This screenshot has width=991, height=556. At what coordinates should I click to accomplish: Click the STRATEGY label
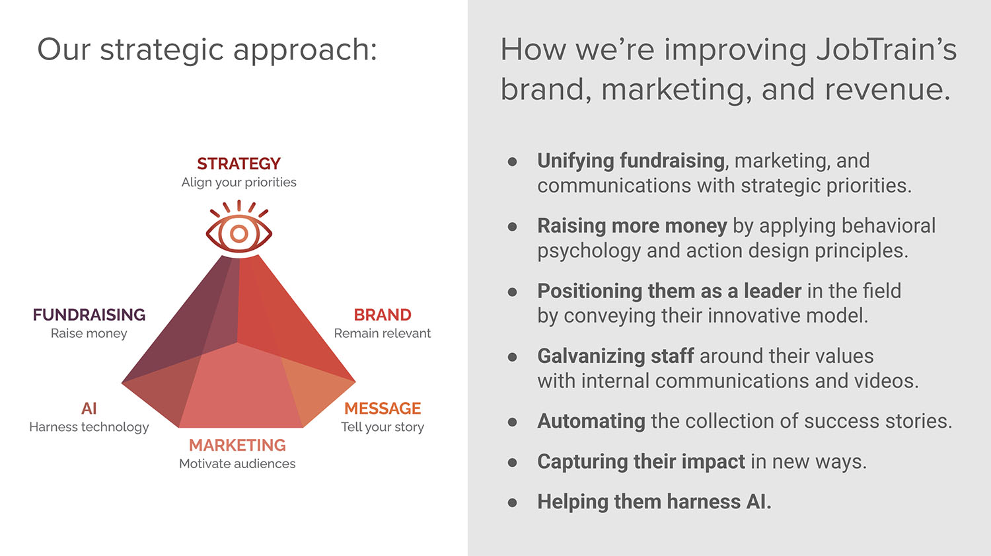239,164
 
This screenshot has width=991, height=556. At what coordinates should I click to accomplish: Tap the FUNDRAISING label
89,315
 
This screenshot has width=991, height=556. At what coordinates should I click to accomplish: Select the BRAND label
383,315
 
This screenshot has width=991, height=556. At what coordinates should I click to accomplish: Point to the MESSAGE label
383,408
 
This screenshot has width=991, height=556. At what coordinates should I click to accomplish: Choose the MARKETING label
238,445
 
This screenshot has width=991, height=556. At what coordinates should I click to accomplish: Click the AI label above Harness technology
89,408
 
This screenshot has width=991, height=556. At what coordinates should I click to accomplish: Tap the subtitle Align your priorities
239,182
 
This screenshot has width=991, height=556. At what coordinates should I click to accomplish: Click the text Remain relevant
383,333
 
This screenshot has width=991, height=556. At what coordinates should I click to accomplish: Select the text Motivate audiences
237,463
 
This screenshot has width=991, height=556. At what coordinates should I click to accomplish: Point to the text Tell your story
383,427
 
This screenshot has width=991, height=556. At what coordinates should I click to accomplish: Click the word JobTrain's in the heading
887,49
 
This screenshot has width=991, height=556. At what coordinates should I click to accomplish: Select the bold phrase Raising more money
632,225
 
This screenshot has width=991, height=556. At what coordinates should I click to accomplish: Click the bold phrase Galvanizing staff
615,356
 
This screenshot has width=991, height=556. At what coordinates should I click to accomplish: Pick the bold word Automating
591,421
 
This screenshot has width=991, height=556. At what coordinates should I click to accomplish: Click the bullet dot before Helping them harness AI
512,502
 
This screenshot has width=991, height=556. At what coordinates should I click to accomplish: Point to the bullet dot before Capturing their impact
512,463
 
